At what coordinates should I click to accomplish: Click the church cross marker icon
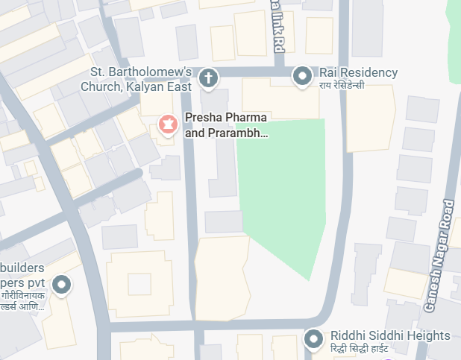(209, 77)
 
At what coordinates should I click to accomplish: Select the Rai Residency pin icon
(302, 75)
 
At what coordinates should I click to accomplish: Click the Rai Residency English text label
(358, 72)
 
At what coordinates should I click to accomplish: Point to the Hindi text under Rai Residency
(342, 86)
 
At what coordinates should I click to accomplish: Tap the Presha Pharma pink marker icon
(169, 124)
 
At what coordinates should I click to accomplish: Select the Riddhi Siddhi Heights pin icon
(313, 339)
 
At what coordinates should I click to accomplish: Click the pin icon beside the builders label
(63, 284)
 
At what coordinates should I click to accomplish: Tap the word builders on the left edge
(22, 268)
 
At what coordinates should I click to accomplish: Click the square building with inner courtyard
(139, 284)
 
